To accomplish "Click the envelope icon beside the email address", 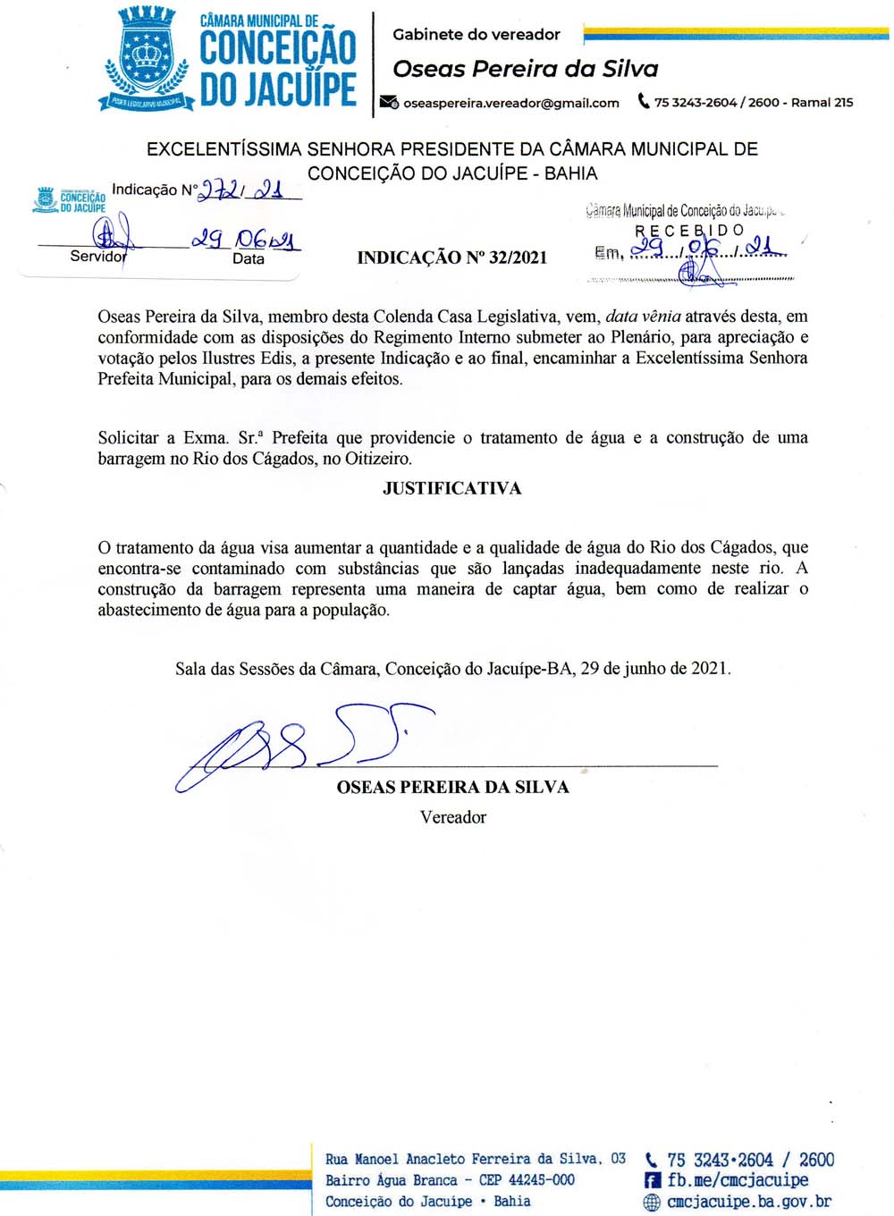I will [389, 102].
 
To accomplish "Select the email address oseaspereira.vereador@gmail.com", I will [510, 103].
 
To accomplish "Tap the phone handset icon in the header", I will [643, 101].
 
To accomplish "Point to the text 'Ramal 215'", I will [822, 102].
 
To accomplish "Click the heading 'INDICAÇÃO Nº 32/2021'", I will [451, 258].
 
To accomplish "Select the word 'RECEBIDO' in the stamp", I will [688, 231].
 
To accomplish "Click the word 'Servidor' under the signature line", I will [98, 257].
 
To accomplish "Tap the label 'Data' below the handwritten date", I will [248, 258].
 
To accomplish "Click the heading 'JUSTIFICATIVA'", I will [451, 488].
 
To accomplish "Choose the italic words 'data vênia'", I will [643, 316].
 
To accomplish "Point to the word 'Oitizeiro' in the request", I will [377, 459].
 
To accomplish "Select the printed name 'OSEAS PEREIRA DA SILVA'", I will [452, 787].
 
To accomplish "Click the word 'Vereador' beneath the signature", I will [452, 817].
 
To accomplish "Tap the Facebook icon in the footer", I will [653, 1181].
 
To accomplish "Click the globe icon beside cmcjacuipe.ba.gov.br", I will [653, 1203].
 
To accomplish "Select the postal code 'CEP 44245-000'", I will [527, 1180].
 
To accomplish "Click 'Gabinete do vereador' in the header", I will [476, 35].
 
